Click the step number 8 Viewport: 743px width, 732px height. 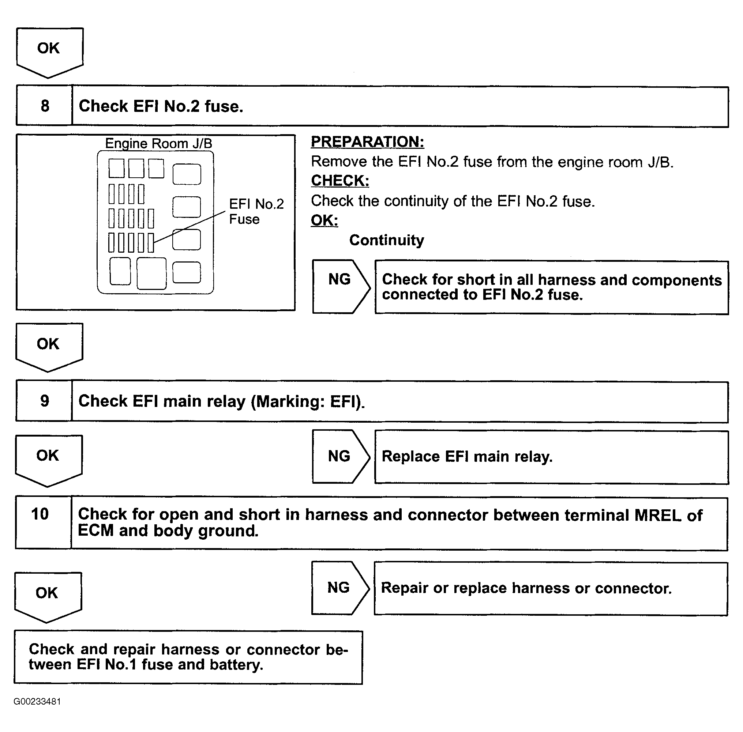[x=45, y=106]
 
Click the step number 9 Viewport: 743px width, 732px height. [x=45, y=401]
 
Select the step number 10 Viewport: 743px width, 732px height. [x=40, y=514]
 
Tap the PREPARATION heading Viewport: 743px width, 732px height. [x=367, y=142]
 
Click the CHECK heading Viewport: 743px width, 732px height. [x=340, y=181]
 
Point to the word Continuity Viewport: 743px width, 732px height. [x=386, y=240]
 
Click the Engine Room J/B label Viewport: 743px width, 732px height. [x=158, y=143]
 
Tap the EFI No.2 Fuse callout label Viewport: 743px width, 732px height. [x=256, y=211]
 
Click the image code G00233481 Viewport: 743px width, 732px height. [x=37, y=701]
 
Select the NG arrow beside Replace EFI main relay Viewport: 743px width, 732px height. [x=340, y=456]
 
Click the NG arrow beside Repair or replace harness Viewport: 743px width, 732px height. [x=339, y=588]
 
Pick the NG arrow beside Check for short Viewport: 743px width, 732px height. [x=340, y=286]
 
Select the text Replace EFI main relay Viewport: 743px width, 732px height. [x=467, y=457]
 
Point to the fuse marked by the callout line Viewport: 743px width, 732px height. [x=151, y=243]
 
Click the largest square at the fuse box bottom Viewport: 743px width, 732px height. [x=151, y=273]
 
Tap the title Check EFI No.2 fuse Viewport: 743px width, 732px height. [x=161, y=106]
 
